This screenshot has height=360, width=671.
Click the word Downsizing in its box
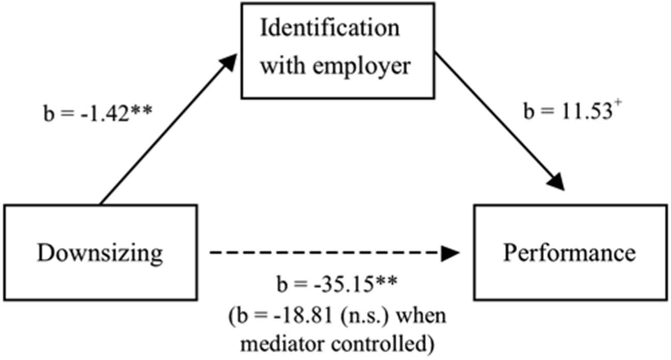click(x=100, y=254)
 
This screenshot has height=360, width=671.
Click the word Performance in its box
click(x=570, y=254)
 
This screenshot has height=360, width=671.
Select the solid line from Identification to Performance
click(x=496, y=124)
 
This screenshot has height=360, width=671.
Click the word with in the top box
click(x=277, y=66)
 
